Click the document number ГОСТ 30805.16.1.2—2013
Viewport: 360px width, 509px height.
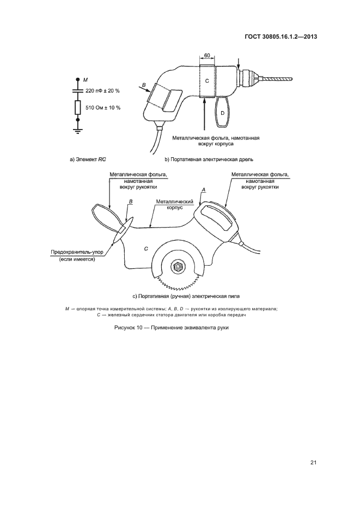(280, 36)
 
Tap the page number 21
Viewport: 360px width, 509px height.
(313, 463)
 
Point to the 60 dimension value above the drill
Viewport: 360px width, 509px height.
(207, 56)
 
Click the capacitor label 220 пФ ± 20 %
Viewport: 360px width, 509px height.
(102, 91)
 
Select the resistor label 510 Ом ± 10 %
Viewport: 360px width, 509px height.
(103, 107)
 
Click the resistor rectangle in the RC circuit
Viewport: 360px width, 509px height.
(77, 107)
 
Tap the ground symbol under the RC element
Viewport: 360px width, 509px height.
(77, 131)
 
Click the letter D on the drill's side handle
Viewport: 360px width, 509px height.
(222, 113)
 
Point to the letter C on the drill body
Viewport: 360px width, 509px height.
(207, 81)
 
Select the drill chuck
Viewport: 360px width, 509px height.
(249, 78)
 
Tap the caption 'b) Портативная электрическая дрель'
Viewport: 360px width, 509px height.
(209, 160)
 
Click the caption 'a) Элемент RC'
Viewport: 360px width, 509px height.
(88, 160)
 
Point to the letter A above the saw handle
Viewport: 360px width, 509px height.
(204, 189)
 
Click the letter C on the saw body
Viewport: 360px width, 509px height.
(146, 249)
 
